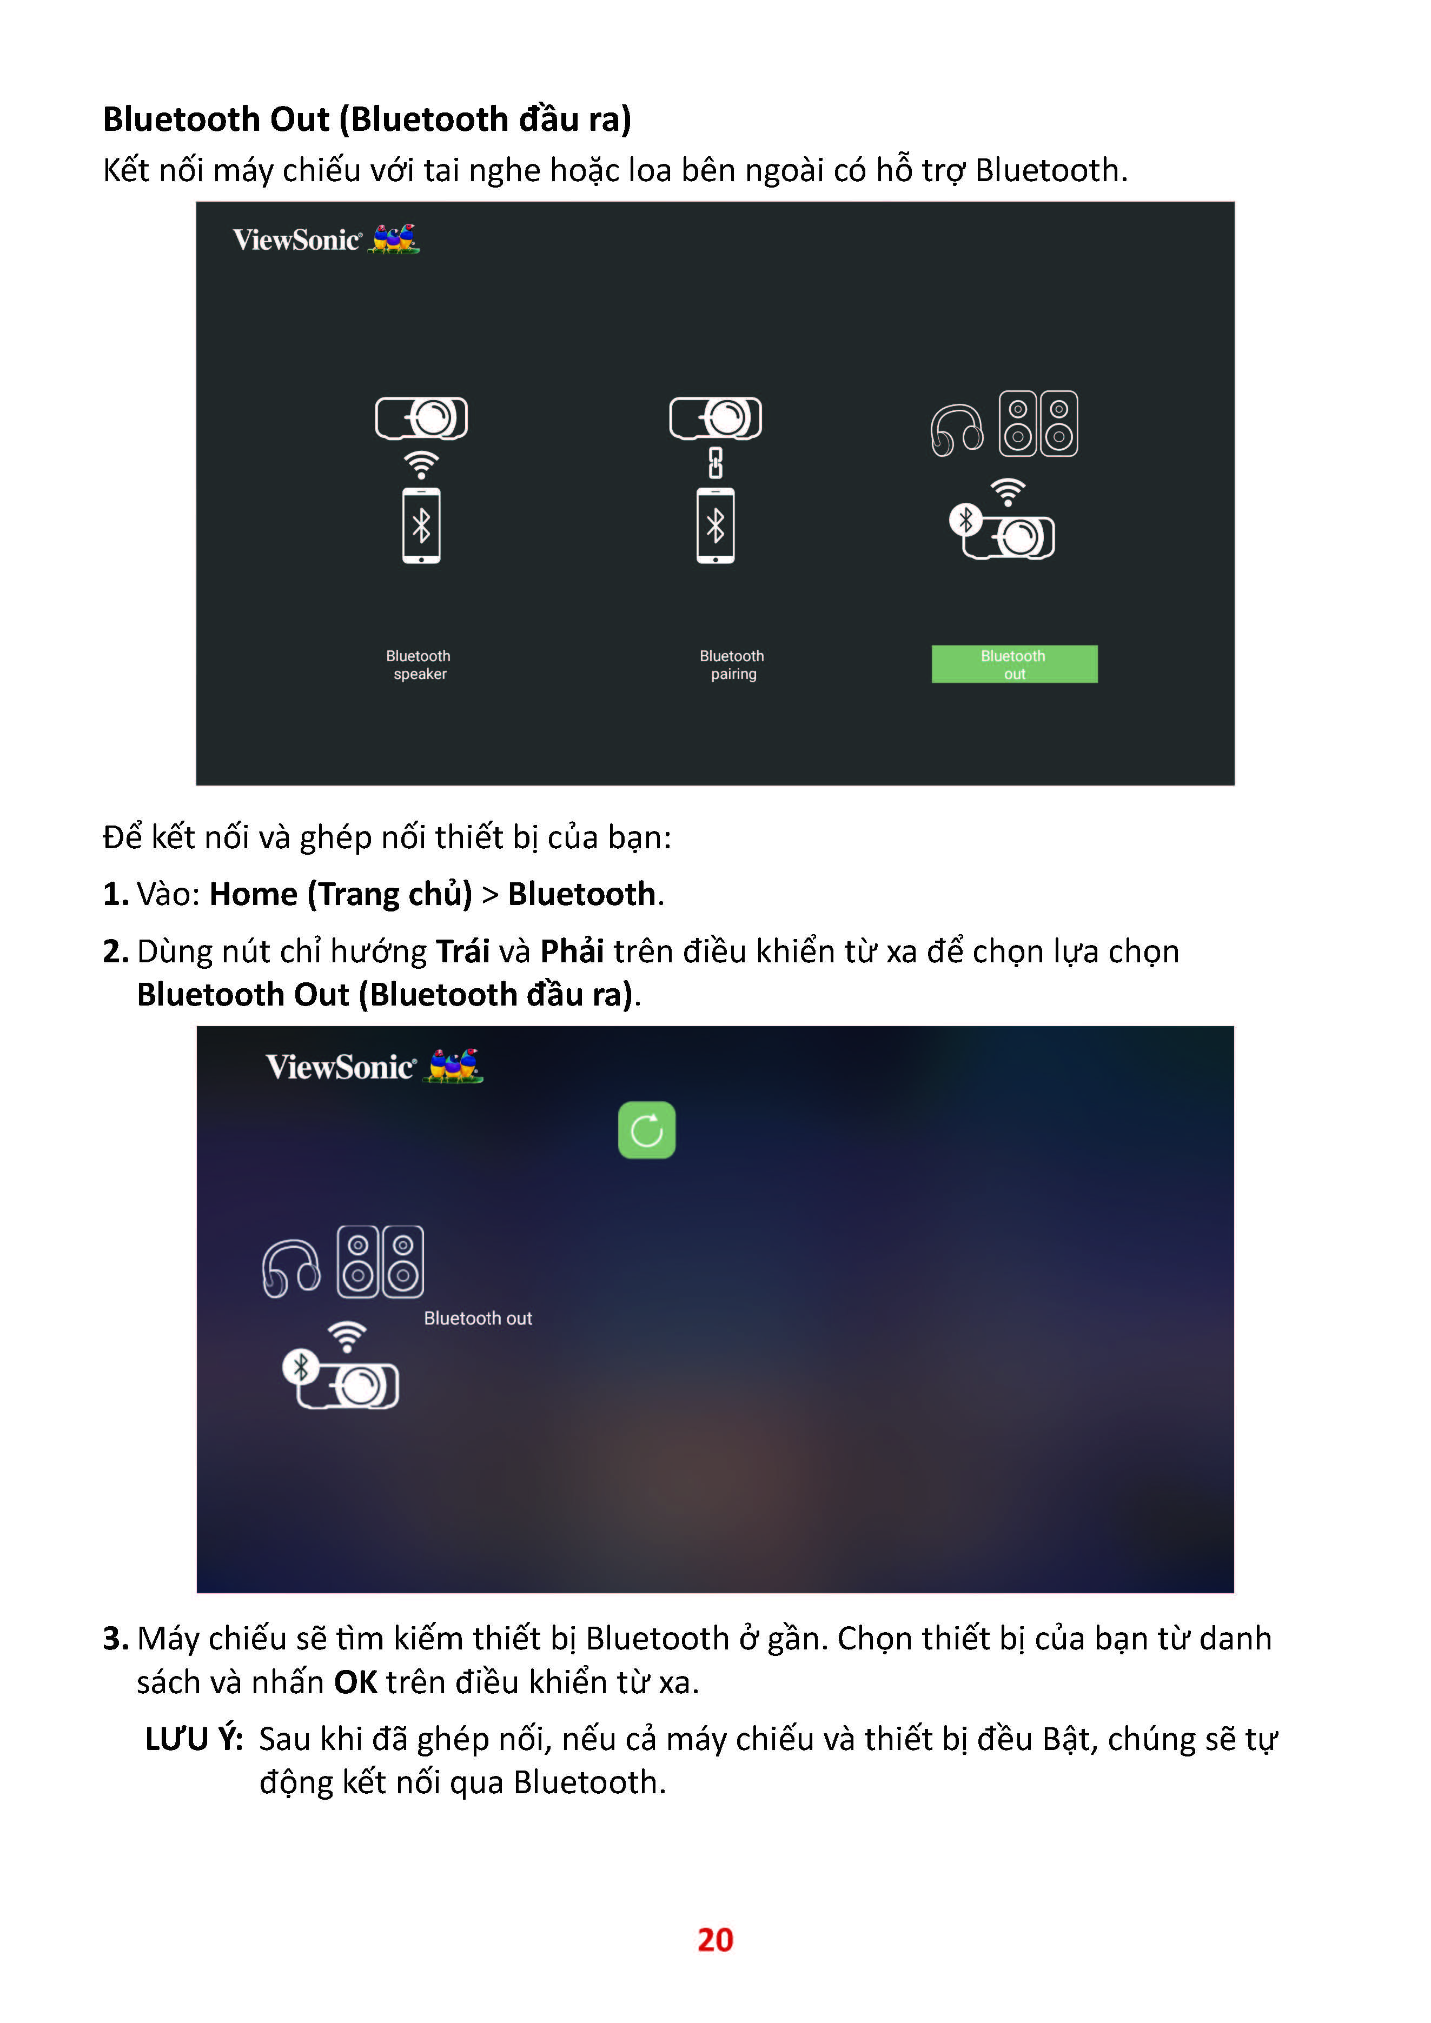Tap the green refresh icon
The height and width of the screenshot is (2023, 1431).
point(647,1129)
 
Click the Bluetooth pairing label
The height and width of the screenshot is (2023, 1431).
point(732,664)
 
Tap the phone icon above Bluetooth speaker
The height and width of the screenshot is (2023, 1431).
point(421,525)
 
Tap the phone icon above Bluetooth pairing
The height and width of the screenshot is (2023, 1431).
point(716,525)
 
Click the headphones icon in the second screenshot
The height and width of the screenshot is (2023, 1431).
point(291,1269)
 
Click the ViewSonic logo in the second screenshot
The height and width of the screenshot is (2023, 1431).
point(374,1066)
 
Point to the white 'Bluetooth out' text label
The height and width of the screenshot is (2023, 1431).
point(478,1318)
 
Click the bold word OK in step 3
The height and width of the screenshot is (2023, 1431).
point(356,1682)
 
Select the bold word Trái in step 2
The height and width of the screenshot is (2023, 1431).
point(462,951)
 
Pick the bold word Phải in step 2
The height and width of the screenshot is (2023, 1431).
point(572,951)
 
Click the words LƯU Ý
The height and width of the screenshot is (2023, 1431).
point(194,1739)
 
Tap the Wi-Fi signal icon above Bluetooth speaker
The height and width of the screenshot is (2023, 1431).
point(421,464)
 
